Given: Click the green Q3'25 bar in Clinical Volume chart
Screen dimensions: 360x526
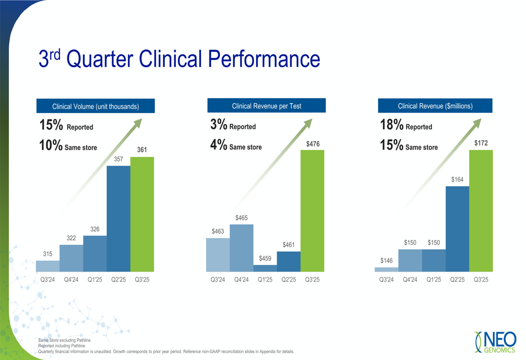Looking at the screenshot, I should click(142, 214).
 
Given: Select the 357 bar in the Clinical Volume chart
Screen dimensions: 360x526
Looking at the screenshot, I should click(118, 219).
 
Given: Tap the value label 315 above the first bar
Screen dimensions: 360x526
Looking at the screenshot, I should click(47, 254).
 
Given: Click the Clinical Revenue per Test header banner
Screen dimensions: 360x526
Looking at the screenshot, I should click(266, 106).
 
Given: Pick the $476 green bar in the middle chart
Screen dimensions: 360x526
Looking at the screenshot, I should click(312, 210).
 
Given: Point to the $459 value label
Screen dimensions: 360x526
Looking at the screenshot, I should click(265, 259).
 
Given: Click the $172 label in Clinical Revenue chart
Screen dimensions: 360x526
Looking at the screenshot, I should click(481, 143).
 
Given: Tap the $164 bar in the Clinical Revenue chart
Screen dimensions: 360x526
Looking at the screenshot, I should click(457, 229).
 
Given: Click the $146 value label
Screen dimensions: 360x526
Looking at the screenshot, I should click(387, 261).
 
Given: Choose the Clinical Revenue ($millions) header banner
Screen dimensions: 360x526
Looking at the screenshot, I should click(435, 106).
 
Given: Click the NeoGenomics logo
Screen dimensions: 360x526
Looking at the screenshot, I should click(495, 342).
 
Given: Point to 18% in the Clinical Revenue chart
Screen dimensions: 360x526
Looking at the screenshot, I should click(392, 125).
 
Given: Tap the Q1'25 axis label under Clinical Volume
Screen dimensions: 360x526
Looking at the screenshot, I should click(95, 280).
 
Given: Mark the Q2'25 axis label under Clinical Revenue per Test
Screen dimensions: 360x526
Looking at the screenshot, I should click(289, 280).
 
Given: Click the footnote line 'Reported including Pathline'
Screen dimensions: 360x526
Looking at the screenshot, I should click(62, 346).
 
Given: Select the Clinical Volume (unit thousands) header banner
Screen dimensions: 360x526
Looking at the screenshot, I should click(95, 106).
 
